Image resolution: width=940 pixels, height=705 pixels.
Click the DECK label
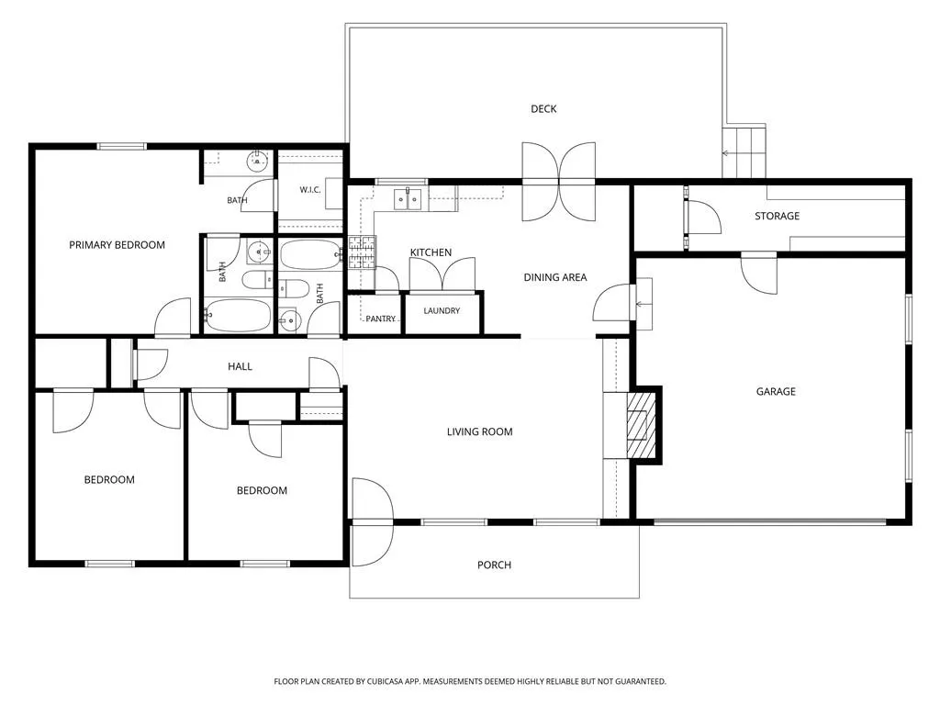pos(543,108)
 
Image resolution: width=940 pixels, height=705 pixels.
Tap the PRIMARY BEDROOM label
pos(117,244)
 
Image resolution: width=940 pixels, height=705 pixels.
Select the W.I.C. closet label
pos(310,189)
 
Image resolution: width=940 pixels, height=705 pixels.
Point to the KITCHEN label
pos(431,252)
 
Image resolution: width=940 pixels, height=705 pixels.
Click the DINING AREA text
pos(555,277)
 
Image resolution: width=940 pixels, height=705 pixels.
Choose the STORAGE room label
pos(777,216)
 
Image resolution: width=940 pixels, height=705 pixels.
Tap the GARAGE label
pos(776,391)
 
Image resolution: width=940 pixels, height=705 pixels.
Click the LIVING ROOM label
pos(479,431)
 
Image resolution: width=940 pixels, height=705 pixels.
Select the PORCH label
pos(494,565)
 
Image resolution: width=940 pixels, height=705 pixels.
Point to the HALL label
pos(240,366)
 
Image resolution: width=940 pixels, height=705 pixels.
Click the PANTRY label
pos(381,319)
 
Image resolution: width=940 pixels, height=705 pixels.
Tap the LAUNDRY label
pos(442,310)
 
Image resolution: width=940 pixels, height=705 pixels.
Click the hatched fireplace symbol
pos(641,425)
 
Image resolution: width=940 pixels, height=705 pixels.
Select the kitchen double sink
pos(408,199)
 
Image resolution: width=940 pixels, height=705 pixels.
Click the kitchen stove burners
pos(362,252)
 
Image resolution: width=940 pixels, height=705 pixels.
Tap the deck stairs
pos(744,152)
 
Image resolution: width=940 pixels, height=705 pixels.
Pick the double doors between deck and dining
pos(559,181)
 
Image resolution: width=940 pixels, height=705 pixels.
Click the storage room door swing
pos(702,217)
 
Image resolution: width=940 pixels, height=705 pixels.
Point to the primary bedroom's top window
pos(122,146)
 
